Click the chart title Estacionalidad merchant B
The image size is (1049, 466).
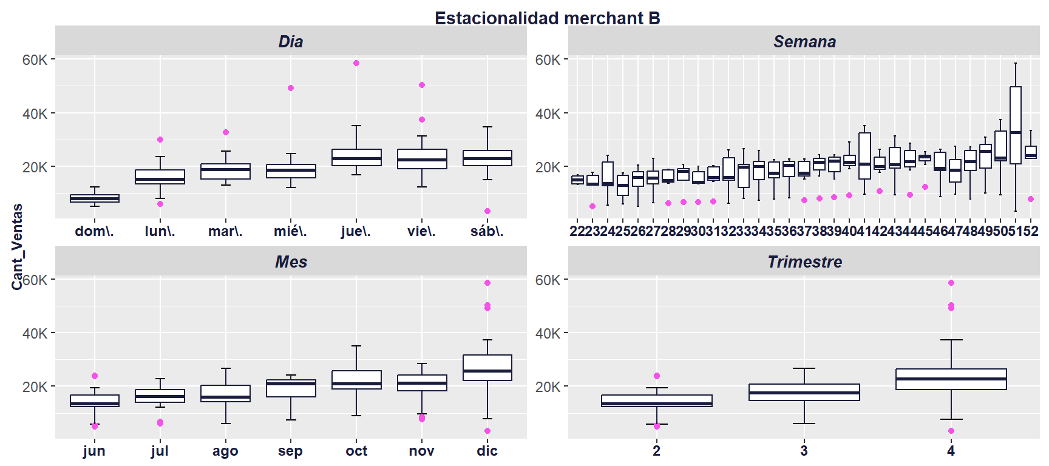547,18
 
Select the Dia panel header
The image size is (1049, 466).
290,41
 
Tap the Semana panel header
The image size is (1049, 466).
804,41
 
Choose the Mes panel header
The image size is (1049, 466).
290,262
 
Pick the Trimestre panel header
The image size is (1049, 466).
804,262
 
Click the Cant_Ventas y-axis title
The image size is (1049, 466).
17,246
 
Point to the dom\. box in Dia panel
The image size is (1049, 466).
95,198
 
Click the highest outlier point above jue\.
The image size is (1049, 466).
356,63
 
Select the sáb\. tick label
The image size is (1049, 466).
487,231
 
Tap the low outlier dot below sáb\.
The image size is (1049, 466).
487,211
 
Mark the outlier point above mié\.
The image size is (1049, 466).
291,88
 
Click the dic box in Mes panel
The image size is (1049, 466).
487,368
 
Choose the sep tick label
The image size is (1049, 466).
290,451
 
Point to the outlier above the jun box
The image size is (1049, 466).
95,376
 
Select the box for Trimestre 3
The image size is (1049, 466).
804,392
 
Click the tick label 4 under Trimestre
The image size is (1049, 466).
951,451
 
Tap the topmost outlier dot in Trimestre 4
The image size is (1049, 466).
951,283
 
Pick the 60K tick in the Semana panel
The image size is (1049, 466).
548,60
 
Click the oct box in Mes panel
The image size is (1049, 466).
356,380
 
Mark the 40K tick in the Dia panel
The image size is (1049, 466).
35,113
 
